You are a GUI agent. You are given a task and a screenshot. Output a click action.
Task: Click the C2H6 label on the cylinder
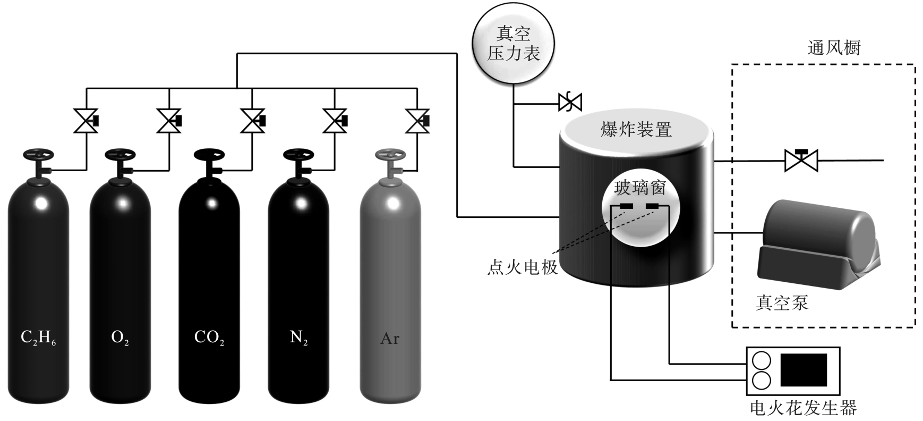(x=38, y=338)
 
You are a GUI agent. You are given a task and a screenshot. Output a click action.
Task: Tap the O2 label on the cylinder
(x=120, y=338)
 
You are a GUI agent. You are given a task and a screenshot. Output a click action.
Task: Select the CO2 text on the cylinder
(x=209, y=338)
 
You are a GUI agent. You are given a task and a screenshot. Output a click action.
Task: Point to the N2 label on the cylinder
(x=298, y=338)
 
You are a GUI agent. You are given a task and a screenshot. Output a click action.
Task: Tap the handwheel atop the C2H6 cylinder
(x=38, y=155)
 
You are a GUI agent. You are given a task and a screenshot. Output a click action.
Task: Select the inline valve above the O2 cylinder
(x=169, y=121)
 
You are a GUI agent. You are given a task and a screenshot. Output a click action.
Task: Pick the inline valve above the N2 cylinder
(x=335, y=121)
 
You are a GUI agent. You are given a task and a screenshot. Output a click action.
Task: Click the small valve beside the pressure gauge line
(x=570, y=102)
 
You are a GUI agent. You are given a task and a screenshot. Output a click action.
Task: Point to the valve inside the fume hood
(x=801, y=159)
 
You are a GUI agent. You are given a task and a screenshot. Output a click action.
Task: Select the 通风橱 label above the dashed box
(x=834, y=48)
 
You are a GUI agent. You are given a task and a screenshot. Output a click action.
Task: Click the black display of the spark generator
(x=804, y=369)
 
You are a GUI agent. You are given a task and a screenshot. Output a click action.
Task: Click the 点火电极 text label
(x=523, y=267)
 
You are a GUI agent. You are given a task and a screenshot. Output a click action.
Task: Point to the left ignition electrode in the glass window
(x=626, y=206)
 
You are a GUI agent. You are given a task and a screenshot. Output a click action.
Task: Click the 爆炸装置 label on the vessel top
(x=636, y=129)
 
